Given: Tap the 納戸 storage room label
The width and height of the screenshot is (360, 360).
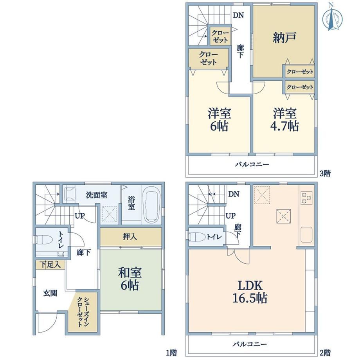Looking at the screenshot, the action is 284,38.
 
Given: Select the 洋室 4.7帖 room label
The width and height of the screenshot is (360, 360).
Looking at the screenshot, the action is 285,120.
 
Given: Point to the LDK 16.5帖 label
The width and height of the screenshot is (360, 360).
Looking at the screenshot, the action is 250,292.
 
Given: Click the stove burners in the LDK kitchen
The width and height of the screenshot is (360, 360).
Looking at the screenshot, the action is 306,198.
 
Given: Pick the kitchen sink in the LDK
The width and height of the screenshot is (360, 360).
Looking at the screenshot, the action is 306,235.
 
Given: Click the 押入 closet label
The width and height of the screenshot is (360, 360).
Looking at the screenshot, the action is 130,236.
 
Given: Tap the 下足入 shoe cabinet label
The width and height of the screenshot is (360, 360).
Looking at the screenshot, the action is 50,265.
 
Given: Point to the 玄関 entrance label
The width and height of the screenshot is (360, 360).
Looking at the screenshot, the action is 50,293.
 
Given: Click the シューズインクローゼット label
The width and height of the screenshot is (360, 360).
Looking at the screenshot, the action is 83,312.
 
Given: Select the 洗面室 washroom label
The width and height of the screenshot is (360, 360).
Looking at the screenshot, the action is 97,195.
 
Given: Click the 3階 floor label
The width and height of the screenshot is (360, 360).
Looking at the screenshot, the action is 325,173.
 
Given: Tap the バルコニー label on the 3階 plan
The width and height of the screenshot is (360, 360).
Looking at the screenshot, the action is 252,164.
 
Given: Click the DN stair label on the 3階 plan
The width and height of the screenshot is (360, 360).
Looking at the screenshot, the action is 238,15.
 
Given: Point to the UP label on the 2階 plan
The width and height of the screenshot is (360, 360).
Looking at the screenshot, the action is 230,216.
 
